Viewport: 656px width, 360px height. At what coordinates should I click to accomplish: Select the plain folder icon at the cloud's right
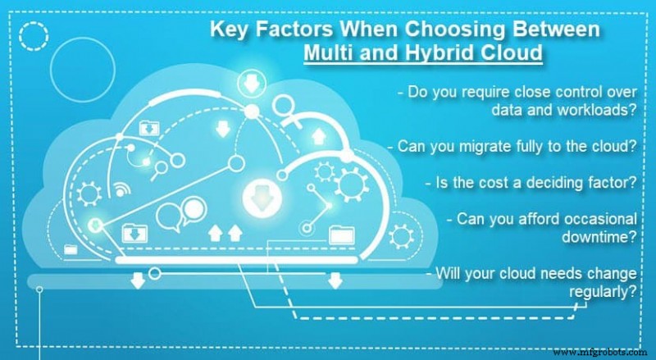pos(339,236)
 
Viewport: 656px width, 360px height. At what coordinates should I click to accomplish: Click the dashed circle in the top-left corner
pos(34,37)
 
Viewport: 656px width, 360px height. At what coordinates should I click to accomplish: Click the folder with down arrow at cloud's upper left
pos(148,128)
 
